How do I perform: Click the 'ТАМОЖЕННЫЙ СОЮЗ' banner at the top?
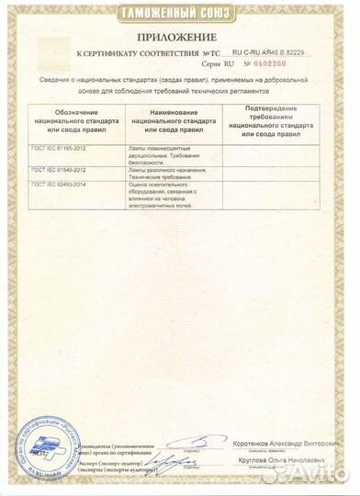(x=180, y=13)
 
